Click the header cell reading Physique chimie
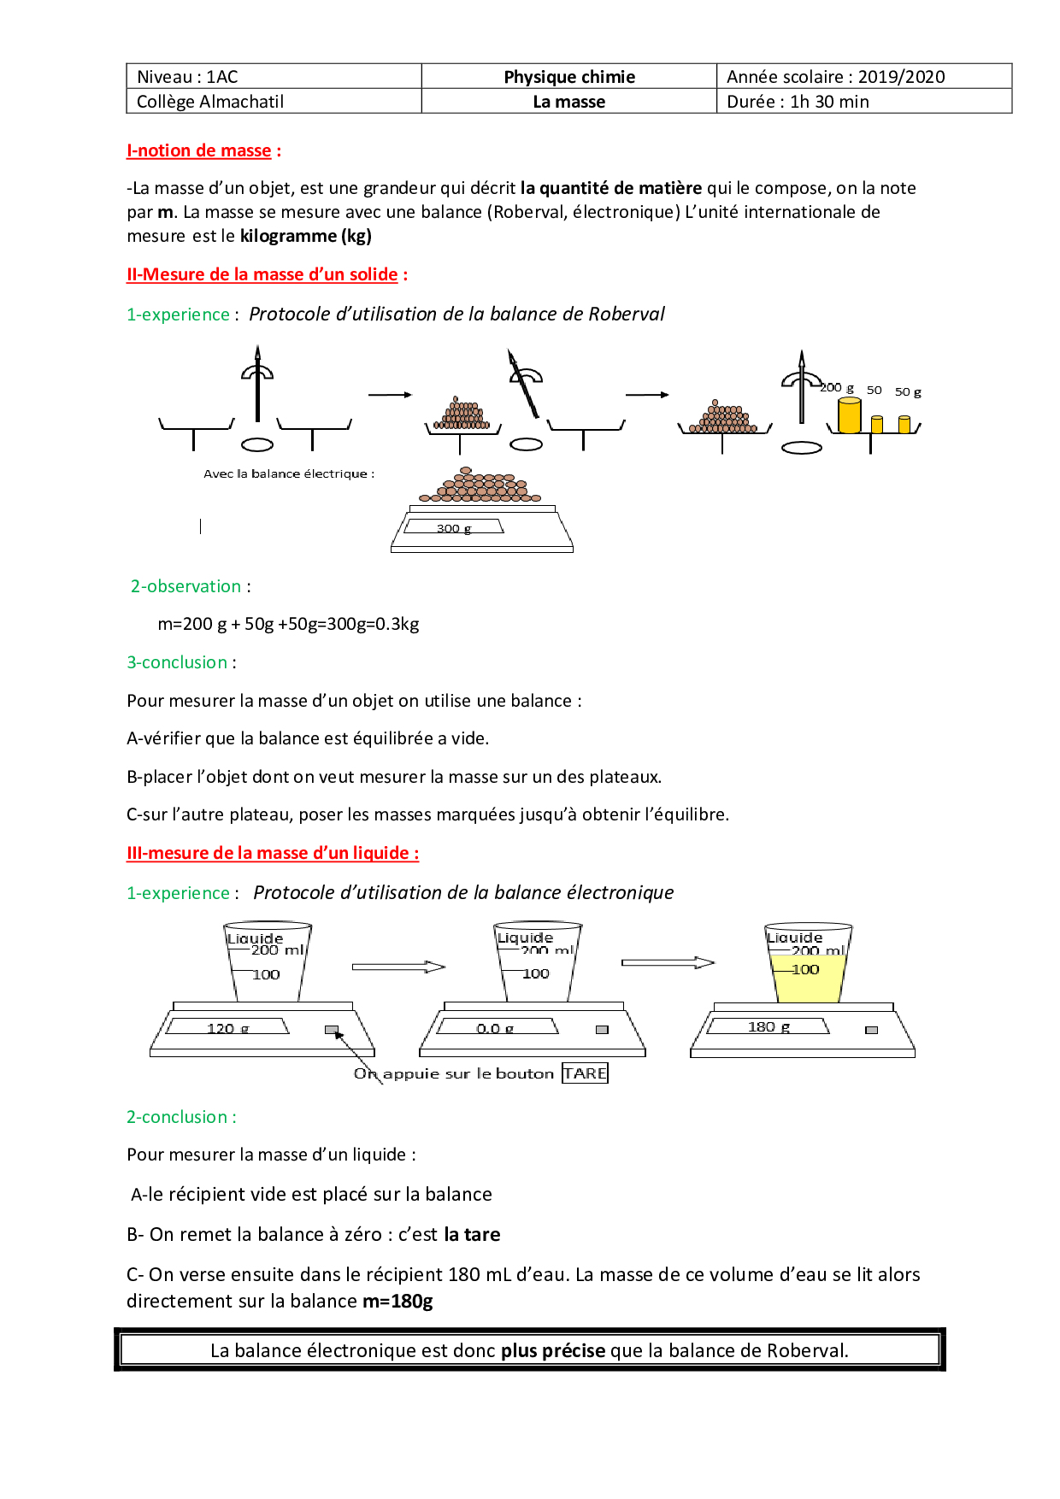(x=569, y=77)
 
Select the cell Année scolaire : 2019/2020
(x=835, y=77)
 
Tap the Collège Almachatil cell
(x=210, y=102)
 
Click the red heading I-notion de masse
(x=199, y=151)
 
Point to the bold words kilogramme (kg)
(x=305, y=236)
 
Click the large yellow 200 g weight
(x=849, y=415)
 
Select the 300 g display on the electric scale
(x=454, y=528)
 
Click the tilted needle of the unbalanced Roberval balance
(x=523, y=384)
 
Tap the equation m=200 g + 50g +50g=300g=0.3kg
(x=288, y=624)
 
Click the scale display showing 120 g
(x=227, y=1027)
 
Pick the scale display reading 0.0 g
(x=496, y=1027)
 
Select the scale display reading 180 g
(x=768, y=1026)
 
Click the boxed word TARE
(x=585, y=1073)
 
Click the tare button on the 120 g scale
(x=332, y=1030)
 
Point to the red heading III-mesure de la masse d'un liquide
(x=273, y=853)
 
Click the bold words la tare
(x=472, y=1234)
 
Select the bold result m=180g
(x=397, y=1301)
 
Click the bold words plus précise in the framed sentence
(x=553, y=1350)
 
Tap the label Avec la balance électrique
(x=288, y=473)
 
